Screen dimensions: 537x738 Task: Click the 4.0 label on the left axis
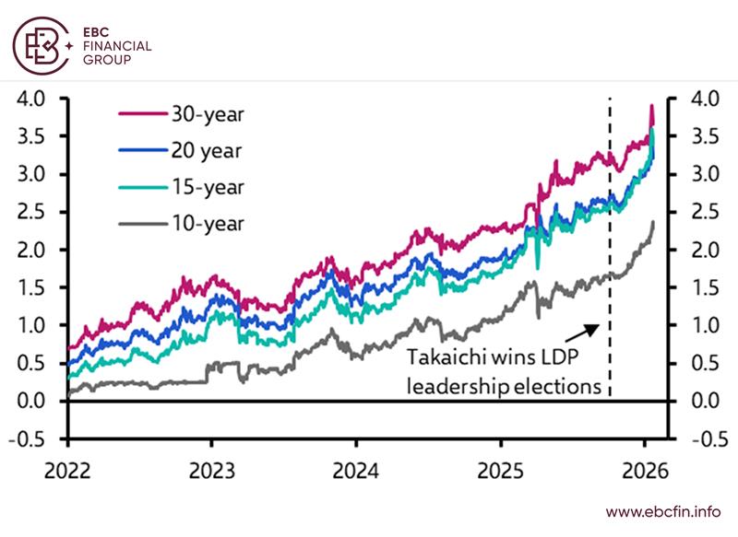tap(35, 99)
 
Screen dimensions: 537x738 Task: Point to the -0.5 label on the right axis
tap(705, 438)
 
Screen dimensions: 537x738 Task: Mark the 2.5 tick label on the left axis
tap(35, 212)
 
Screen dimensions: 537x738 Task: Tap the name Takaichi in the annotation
tap(445, 358)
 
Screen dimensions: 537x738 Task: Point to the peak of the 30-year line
tap(651, 107)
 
